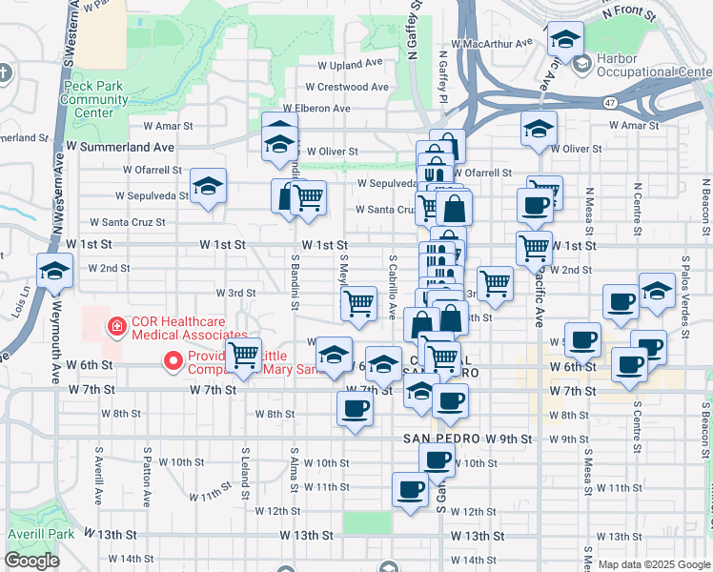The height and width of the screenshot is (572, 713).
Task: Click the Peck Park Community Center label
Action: (x=95, y=99)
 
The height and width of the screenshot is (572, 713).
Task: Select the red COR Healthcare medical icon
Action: (x=117, y=327)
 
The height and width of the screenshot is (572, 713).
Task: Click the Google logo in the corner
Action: (x=31, y=561)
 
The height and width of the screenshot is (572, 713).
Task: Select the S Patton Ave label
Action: (x=147, y=473)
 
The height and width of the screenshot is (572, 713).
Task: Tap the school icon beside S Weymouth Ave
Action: (x=55, y=272)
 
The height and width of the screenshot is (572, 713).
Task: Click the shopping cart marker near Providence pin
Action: (x=244, y=356)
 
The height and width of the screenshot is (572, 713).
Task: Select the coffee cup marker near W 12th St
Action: (x=411, y=490)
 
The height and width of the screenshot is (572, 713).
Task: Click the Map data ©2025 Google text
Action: (x=653, y=564)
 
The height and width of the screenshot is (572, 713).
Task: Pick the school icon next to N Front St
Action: (x=566, y=40)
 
